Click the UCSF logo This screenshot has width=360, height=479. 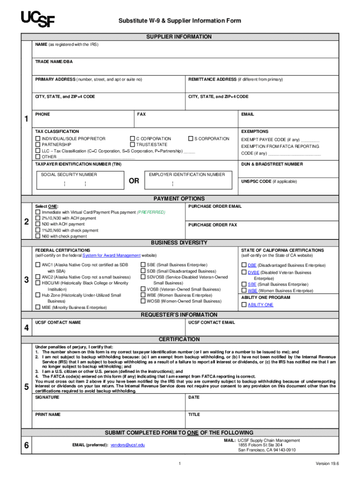coord(37,19)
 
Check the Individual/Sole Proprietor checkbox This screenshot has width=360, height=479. coord(38,139)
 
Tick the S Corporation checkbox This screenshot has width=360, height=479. coord(190,139)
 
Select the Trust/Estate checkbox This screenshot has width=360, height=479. coord(132,145)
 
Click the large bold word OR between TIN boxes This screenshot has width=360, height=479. coord(134,181)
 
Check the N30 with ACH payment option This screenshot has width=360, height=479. coord(38,224)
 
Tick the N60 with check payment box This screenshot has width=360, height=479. coord(38,236)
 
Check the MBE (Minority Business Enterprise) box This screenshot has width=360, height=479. coord(38,307)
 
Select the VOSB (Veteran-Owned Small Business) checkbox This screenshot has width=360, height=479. coord(143,289)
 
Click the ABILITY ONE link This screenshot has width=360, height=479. coord(260,305)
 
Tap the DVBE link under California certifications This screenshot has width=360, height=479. coord(253,272)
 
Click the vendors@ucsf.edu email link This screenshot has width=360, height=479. coord(128,445)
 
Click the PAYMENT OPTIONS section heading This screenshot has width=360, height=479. coord(179,199)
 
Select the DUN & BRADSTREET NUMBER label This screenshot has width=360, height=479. coord(272,164)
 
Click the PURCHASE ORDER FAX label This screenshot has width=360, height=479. coord(212,225)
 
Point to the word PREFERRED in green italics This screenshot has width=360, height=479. coord(151,212)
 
